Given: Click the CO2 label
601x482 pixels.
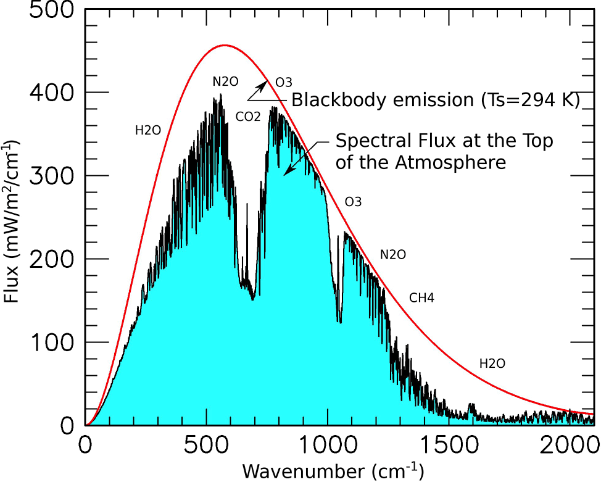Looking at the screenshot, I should (x=249, y=115).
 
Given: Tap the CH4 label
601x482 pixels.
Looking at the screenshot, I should (x=422, y=299).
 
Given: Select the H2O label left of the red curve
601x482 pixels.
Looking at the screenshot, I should (x=148, y=130).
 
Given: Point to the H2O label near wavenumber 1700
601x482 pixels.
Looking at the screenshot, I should (x=492, y=364).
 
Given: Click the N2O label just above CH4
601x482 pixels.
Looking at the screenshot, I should (x=393, y=254).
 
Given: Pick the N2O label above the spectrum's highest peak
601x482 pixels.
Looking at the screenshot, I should (x=225, y=81).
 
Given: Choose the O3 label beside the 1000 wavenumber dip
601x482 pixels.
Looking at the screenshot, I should (x=353, y=202).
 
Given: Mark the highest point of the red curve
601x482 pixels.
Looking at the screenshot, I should (x=225, y=45).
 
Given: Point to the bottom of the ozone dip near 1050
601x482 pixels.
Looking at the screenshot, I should (x=339, y=322).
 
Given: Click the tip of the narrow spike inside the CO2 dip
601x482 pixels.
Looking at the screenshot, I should (x=247, y=204).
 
